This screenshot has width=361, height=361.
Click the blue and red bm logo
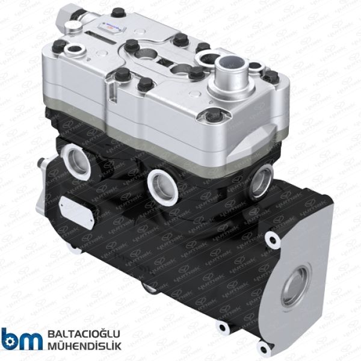(x=22, y=339)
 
